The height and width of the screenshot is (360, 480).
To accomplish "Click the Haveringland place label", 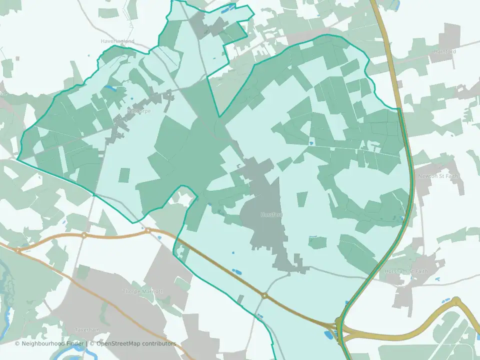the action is pyautogui.click(x=117, y=41).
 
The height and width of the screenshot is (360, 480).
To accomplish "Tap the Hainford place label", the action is pyautogui.click(x=444, y=51).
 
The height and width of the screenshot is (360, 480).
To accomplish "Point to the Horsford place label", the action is pyautogui.click(x=271, y=214).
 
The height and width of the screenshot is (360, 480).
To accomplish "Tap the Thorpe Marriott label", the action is pyautogui.click(x=143, y=291).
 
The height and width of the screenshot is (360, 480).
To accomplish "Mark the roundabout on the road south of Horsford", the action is pyautogui.click(x=264, y=296).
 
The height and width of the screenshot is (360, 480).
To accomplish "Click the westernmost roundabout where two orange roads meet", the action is pyautogui.click(x=18, y=249).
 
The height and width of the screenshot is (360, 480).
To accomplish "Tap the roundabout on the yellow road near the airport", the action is pyautogui.click(x=456, y=300).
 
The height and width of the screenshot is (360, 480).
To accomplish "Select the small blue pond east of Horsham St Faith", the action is pyautogui.click(x=438, y=278).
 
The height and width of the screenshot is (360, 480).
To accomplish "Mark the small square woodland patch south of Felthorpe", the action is pyautogui.click(x=124, y=175).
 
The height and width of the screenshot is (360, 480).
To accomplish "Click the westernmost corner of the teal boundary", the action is pyautogui.click(x=18, y=160).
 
